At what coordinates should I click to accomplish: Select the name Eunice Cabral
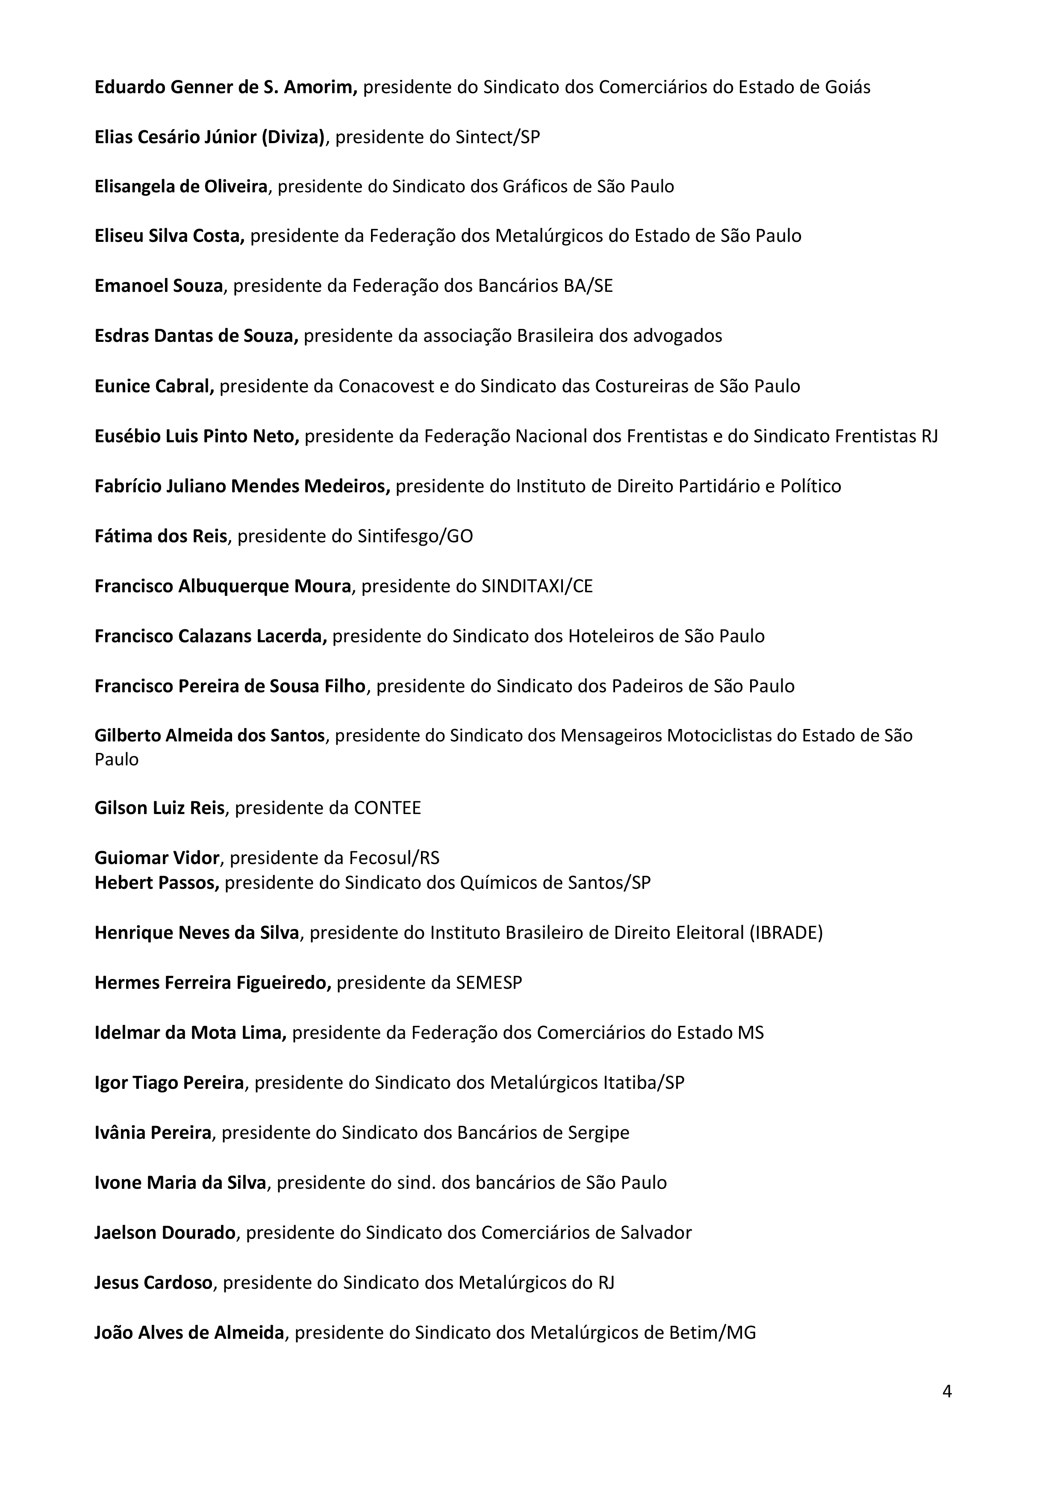[154, 387]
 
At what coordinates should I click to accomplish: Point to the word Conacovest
[386, 387]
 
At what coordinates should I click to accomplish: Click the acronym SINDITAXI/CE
[537, 586]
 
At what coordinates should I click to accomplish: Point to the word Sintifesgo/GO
[415, 537]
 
